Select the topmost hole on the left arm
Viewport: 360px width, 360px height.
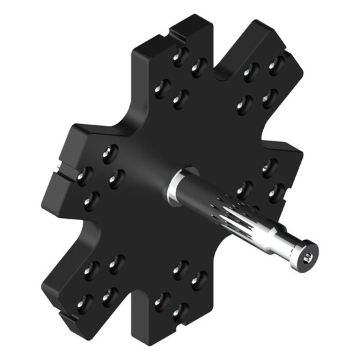click(x=107, y=153)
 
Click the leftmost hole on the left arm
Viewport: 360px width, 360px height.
click(x=83, y=175)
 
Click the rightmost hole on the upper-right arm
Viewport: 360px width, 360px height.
click(x=273, y=67)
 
